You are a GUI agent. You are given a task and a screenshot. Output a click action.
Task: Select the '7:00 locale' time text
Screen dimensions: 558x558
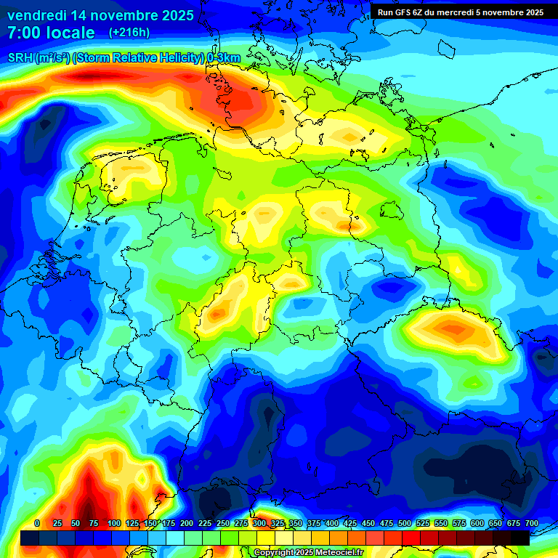tap(50, 33)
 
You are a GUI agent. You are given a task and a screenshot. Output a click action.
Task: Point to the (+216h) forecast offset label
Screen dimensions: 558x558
tap(129, 33)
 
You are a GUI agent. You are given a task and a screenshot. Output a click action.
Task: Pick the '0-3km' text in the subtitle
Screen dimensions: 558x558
tap(224, 58)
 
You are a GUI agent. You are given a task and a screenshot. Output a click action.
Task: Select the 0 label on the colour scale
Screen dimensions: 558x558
tap(37, 523)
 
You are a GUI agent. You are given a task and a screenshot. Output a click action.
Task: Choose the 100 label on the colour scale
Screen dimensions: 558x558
tap(114, 523)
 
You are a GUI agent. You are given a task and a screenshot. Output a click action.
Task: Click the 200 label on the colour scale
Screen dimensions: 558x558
tap(187, 523)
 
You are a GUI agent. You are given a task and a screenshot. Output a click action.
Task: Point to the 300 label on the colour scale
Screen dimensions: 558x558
tap(259, 523)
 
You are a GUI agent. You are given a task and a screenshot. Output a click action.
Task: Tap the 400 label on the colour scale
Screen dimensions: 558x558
tap(332, 523)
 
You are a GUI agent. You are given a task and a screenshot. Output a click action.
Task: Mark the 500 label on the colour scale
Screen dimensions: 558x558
tap(405, 523)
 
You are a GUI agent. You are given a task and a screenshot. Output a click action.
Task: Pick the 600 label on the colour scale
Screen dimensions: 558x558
tap(477, 523)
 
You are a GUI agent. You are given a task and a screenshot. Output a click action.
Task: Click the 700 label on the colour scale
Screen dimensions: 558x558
tap(532, 523)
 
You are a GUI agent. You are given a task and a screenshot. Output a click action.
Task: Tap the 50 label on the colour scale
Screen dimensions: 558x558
tap(76, 523)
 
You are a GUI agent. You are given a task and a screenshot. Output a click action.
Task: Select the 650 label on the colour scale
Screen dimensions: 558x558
tap(496, 523)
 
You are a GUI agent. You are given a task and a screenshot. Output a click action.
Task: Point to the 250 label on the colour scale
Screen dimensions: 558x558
tap(223, 523)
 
